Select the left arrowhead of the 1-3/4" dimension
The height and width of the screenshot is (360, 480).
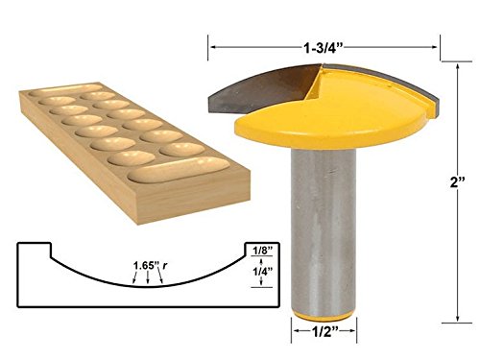pos(214,44)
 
